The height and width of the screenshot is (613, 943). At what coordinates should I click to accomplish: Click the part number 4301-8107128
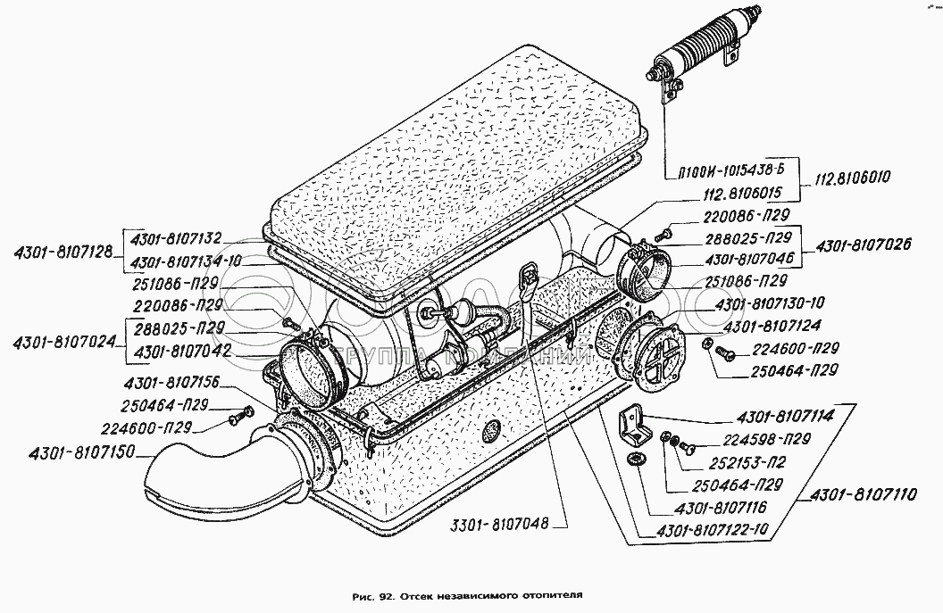click(63, 253)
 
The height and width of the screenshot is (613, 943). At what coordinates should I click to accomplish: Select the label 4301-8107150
click(81, 451)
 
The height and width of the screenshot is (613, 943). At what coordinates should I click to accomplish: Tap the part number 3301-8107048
click(500, 524)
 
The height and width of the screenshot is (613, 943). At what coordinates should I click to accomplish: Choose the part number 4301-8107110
click(863, 494)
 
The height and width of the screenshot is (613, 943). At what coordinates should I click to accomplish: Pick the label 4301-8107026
click(864, 244)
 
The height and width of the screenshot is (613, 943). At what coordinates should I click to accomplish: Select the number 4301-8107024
click(63, 342)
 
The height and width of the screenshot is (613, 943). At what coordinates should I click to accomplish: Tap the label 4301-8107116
click(721, 508)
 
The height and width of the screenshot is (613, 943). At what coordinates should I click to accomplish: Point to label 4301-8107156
click(171, 383)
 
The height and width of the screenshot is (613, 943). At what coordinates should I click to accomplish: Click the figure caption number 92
click(386, 597)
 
